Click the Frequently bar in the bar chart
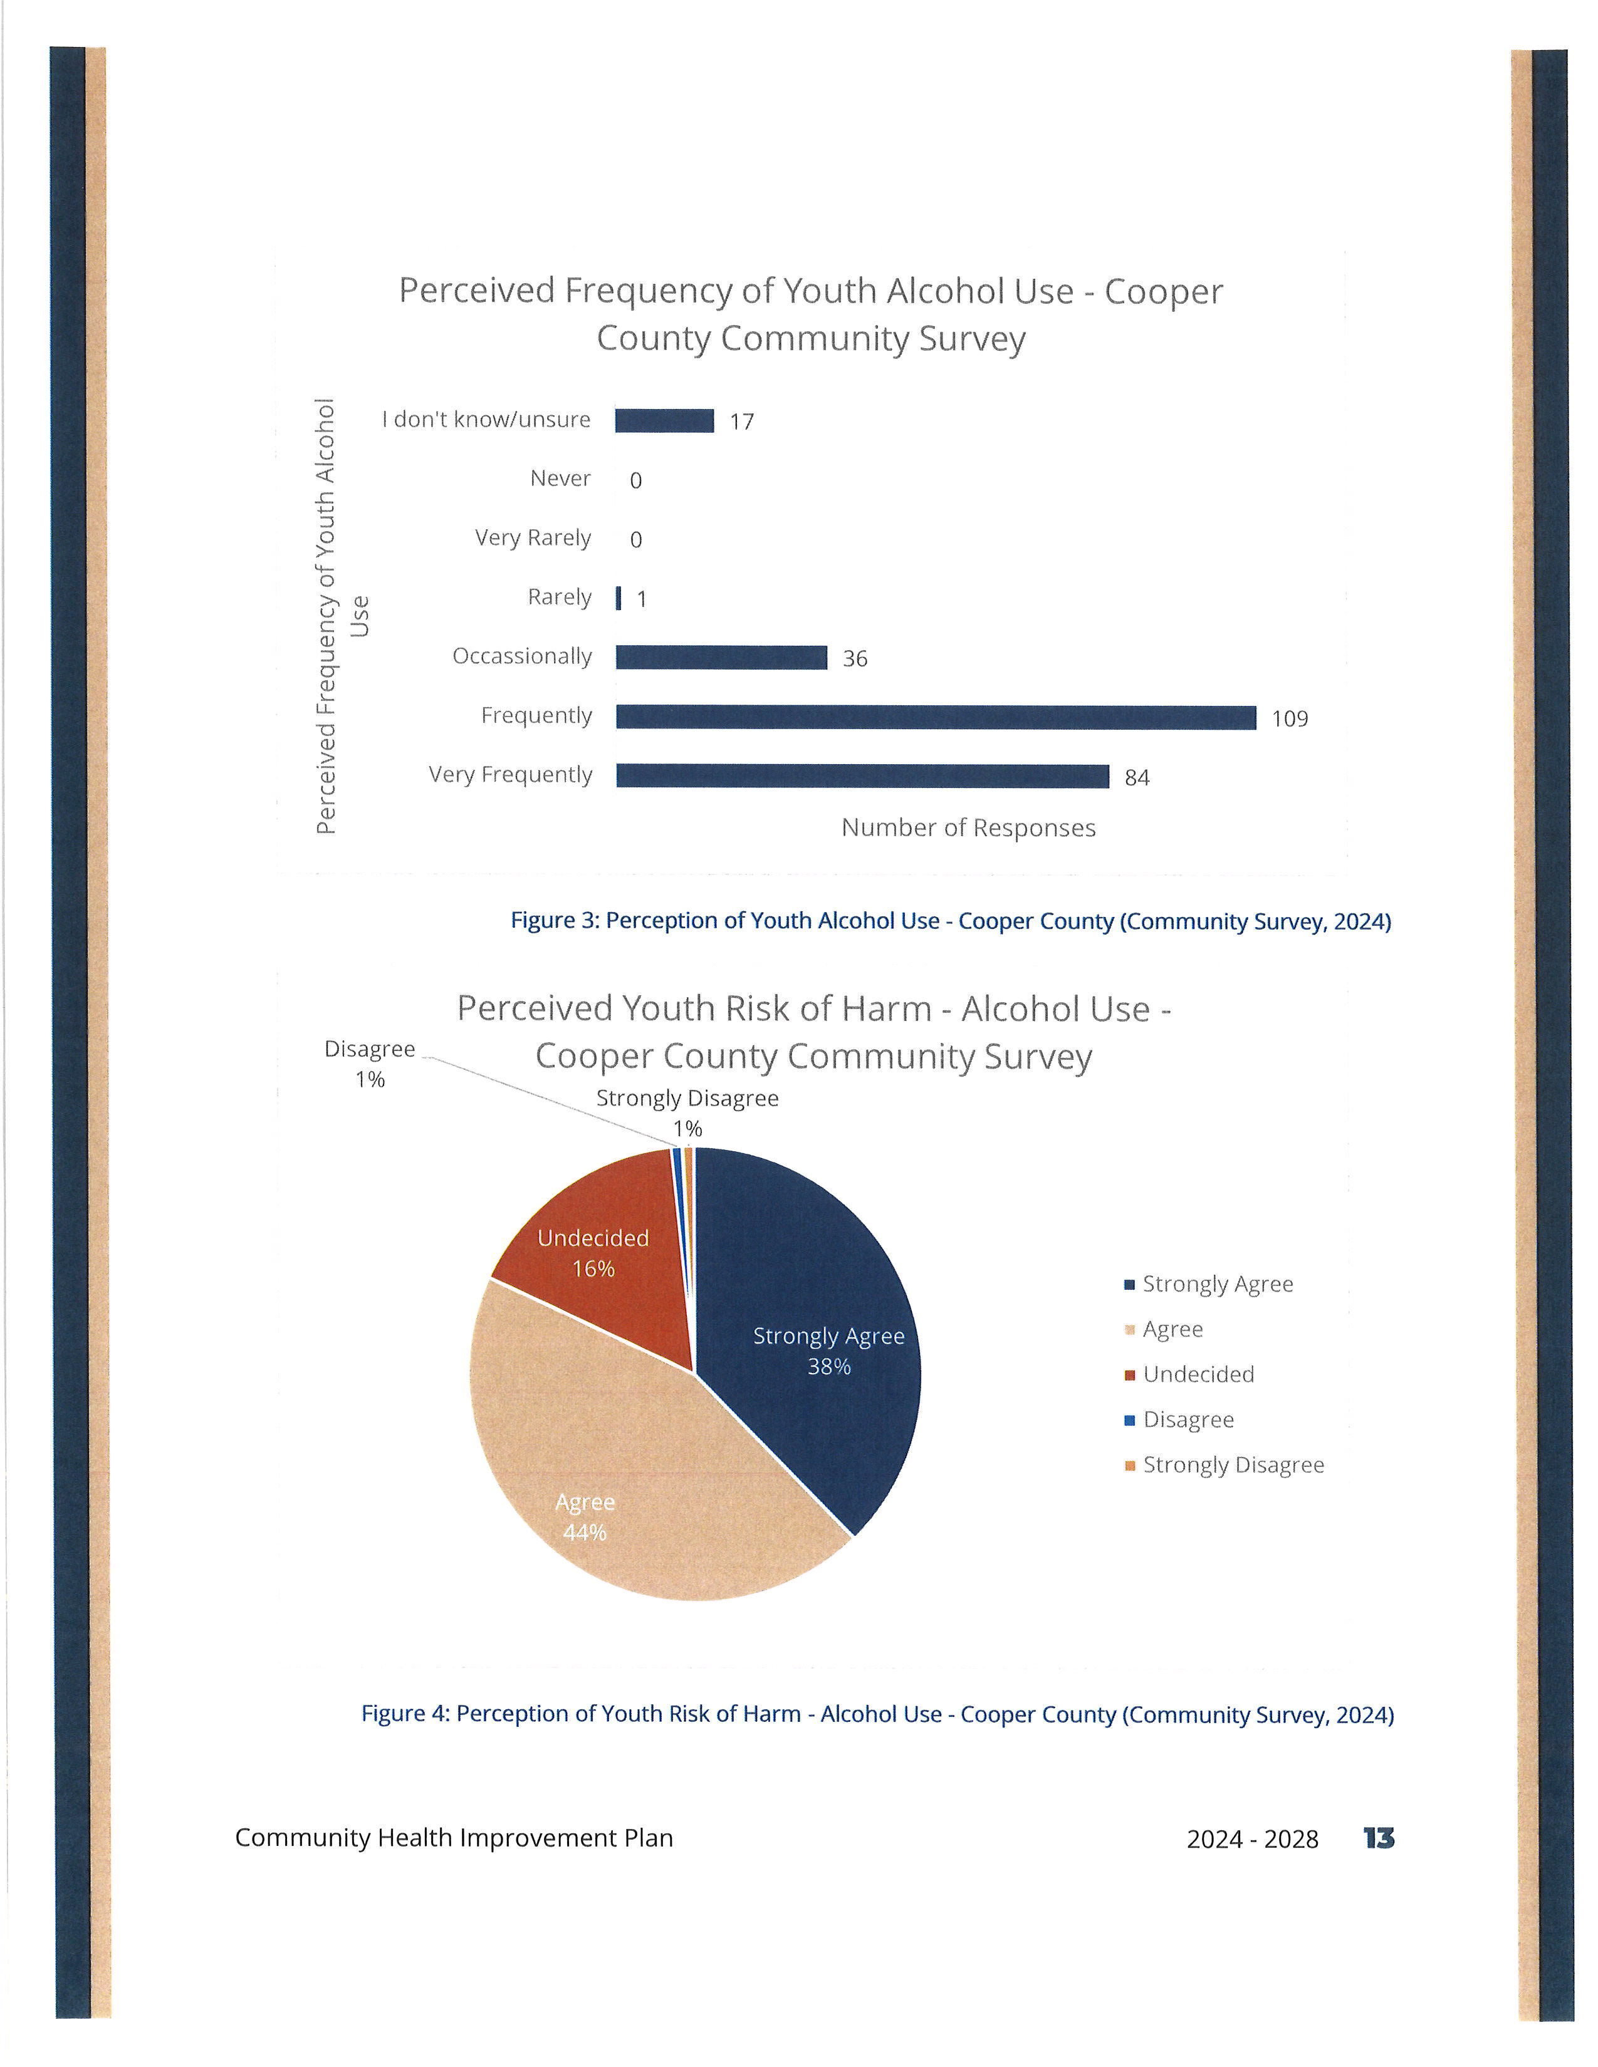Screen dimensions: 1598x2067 (936, 717)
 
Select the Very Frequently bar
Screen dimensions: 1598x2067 (862, 776)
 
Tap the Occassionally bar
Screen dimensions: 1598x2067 (721, 658)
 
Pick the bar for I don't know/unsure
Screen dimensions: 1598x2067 (664, 420)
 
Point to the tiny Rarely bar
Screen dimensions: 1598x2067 (618, 598)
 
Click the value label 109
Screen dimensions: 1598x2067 (1290, 719)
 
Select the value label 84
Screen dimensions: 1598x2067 (1137, 778)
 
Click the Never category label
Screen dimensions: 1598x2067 (560, 479)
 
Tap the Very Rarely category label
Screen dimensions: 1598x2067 (533, 539)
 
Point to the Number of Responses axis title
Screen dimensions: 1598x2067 (968, 828)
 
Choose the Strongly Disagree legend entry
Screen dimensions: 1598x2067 (1224, 1465)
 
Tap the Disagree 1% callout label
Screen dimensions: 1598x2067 (370, 1064)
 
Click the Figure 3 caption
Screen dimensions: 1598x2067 (951, 921)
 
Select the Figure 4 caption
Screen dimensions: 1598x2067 (877, 1714)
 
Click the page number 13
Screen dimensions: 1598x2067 (1379, 1838)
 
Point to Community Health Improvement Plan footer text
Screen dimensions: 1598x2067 (454, 1838)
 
